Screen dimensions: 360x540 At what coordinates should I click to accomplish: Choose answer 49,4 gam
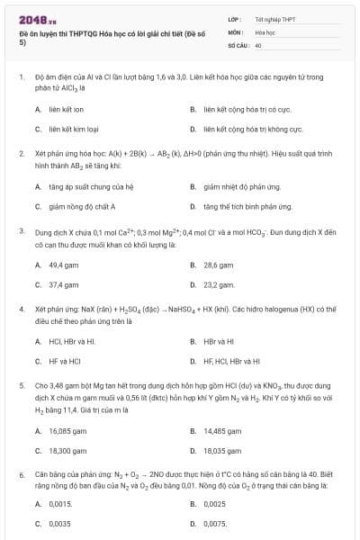click(x=63, y=265)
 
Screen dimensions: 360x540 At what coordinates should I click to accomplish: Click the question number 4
click(x=21, y=308)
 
